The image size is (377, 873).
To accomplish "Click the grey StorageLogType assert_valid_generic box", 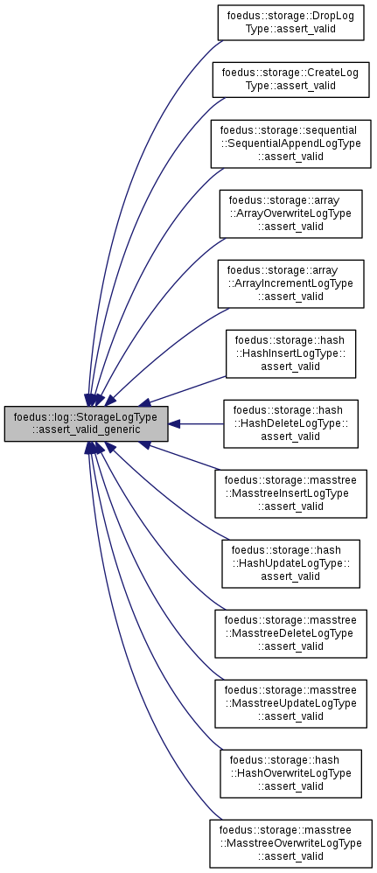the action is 87,423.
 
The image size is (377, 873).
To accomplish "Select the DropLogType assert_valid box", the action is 290,22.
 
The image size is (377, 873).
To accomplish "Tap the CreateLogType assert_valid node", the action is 290,80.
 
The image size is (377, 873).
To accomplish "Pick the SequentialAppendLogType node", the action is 290,143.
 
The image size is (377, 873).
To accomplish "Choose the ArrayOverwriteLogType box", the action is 290,213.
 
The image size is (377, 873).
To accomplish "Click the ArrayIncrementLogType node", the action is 290,284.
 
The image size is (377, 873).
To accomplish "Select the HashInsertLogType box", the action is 290,353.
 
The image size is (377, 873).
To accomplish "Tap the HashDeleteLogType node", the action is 290,423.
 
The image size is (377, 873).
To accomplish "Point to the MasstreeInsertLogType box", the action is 290,494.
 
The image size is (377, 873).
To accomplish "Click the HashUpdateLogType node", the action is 290,563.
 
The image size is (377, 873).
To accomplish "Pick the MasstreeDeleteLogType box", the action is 290,633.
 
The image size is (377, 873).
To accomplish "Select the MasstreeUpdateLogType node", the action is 290,704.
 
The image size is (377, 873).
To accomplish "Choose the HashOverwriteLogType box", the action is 290,773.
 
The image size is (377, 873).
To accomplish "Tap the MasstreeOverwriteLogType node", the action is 290,843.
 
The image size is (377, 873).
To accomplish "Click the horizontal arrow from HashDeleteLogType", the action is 196,423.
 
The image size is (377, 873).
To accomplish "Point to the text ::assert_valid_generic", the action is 87,430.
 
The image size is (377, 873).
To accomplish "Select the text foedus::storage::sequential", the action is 289,130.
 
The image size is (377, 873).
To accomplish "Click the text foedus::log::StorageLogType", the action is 86,416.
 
